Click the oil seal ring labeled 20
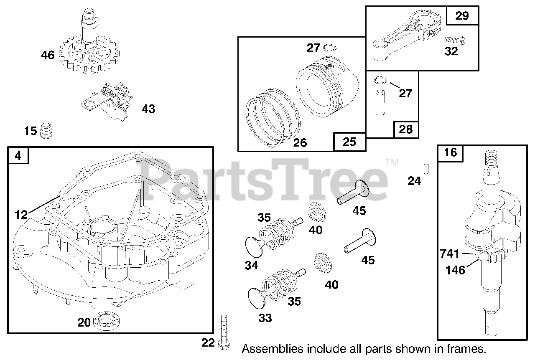(x=104, y=321)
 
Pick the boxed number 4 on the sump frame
(x=18, y=156)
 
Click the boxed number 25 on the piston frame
(x=349, y=142)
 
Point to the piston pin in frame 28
(x=380, y=102)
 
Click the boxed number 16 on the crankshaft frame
(x=451, y=153)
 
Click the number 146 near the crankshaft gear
(x=455, y=270)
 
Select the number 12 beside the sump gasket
(x=21, y=215)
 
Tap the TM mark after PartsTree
(x=392, y=162)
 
